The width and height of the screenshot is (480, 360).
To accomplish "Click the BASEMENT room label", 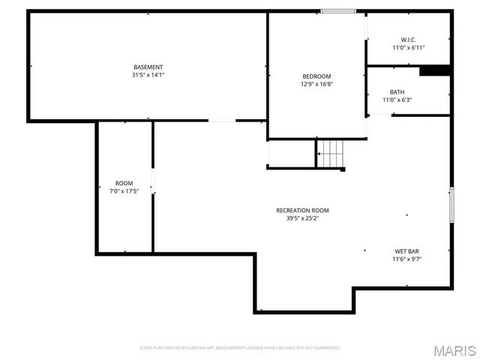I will coord(148,67).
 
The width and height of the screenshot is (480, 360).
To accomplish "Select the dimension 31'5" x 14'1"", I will coord(148,75).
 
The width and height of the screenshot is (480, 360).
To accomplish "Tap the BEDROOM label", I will coord(316,76).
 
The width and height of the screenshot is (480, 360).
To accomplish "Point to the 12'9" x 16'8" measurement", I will coord(316,84).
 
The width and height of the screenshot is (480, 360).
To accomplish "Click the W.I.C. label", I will coord(408,40).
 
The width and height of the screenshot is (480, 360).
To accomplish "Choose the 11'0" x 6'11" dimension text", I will coord(408,47).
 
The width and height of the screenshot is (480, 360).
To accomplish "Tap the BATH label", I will coord(376,92).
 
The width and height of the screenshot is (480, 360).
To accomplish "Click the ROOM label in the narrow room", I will coord(124,184).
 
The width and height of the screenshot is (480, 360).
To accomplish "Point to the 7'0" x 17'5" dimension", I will coord(124,191).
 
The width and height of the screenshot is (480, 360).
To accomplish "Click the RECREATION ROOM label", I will coord(302,211).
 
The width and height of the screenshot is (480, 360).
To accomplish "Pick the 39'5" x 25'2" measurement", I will coord(302,219).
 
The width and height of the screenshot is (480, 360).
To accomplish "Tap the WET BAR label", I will coord(406,251).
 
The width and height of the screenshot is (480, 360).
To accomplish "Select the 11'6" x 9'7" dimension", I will coord(406,259).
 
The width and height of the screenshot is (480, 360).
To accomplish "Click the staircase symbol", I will coord(331,154).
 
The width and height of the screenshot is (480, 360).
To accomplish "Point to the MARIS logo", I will coord(457,350).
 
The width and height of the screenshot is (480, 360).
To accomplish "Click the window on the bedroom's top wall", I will coord(338,10).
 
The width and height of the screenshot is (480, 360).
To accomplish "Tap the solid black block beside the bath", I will coord(434,70).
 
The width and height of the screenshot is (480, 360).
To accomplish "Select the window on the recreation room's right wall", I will coord(451,204).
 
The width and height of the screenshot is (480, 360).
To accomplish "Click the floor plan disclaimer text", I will coord(240,348).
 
